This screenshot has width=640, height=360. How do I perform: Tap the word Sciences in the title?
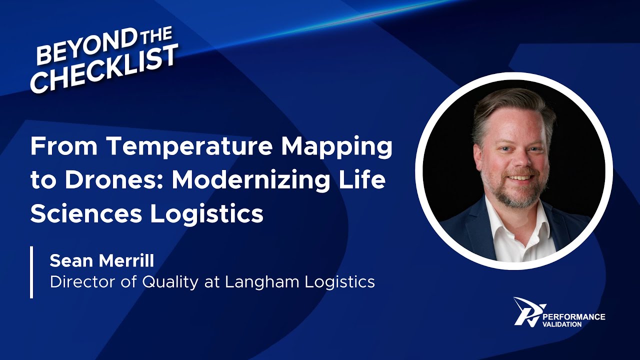point(85,214)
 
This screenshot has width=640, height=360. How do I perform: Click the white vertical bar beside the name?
point(31,272)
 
